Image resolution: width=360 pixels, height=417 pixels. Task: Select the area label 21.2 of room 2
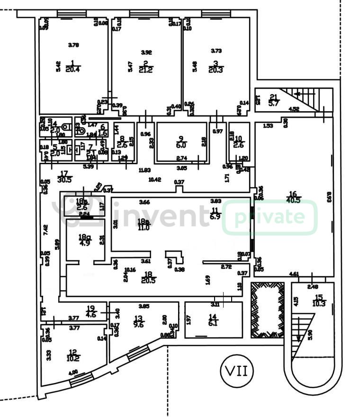146,71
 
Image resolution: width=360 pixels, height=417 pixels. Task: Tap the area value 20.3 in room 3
216,70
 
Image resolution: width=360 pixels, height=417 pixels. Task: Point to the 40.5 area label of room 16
294,200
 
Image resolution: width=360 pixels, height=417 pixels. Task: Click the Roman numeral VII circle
237,370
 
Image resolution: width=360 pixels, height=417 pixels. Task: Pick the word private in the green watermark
270,217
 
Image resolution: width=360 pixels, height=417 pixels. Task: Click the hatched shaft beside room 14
267,310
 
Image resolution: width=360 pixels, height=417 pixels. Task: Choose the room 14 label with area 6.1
214,324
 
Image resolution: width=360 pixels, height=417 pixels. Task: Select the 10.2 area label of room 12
73,358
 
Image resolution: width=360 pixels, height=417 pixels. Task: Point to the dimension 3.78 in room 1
73,45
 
